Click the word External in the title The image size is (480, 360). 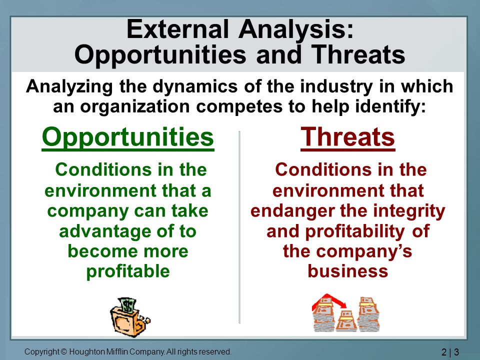click(x=177, y=29)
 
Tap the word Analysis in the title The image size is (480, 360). click(x=296, y=29)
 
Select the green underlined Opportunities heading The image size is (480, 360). click(x=128, y=138)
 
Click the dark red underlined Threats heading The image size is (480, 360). click(x=348, y=138)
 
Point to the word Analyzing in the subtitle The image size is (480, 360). click(x=69, y=87)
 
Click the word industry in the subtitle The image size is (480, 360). click(x=336, y=87)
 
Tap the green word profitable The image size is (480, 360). click(x=128, y=271)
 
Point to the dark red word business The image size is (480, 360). click(x=348, y=271)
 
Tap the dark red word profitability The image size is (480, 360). click(x=355, y=231)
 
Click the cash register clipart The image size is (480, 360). click(x=130, y=317)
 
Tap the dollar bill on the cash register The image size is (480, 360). click(x=127, y=304)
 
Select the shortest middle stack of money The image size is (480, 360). click(x=346, y=321)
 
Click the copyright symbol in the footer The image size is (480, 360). click(x=63, y=351)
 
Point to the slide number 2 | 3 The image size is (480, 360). click(x=450, y=351)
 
